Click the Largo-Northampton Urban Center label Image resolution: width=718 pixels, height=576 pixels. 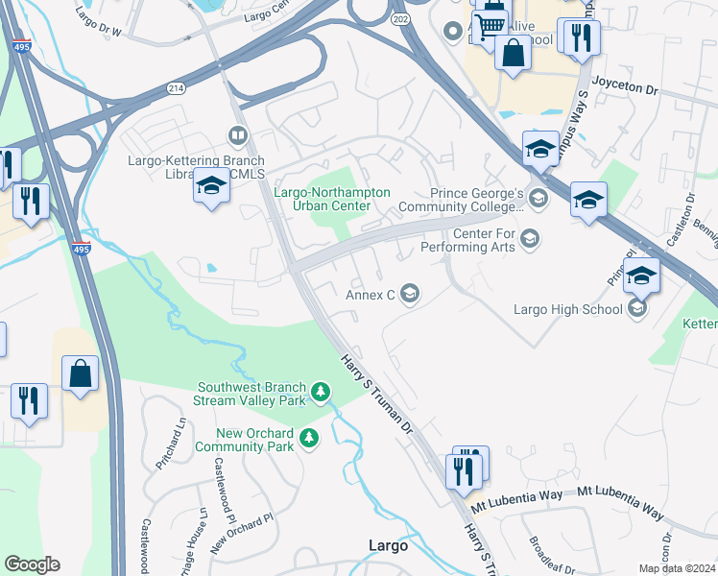(332, 200)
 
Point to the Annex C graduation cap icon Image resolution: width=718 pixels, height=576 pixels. (410, 294)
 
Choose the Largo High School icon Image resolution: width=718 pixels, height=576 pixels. (634, 308)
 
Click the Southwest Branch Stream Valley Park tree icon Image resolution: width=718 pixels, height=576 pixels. (321, 392)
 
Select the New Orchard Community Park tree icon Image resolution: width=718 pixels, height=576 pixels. (309, 439)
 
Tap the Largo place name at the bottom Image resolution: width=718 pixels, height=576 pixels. (388, 545)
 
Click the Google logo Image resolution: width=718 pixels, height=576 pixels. (32, 564)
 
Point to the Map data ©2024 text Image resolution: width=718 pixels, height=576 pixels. (676, 568)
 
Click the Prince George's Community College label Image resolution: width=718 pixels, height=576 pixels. (477, 199)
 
